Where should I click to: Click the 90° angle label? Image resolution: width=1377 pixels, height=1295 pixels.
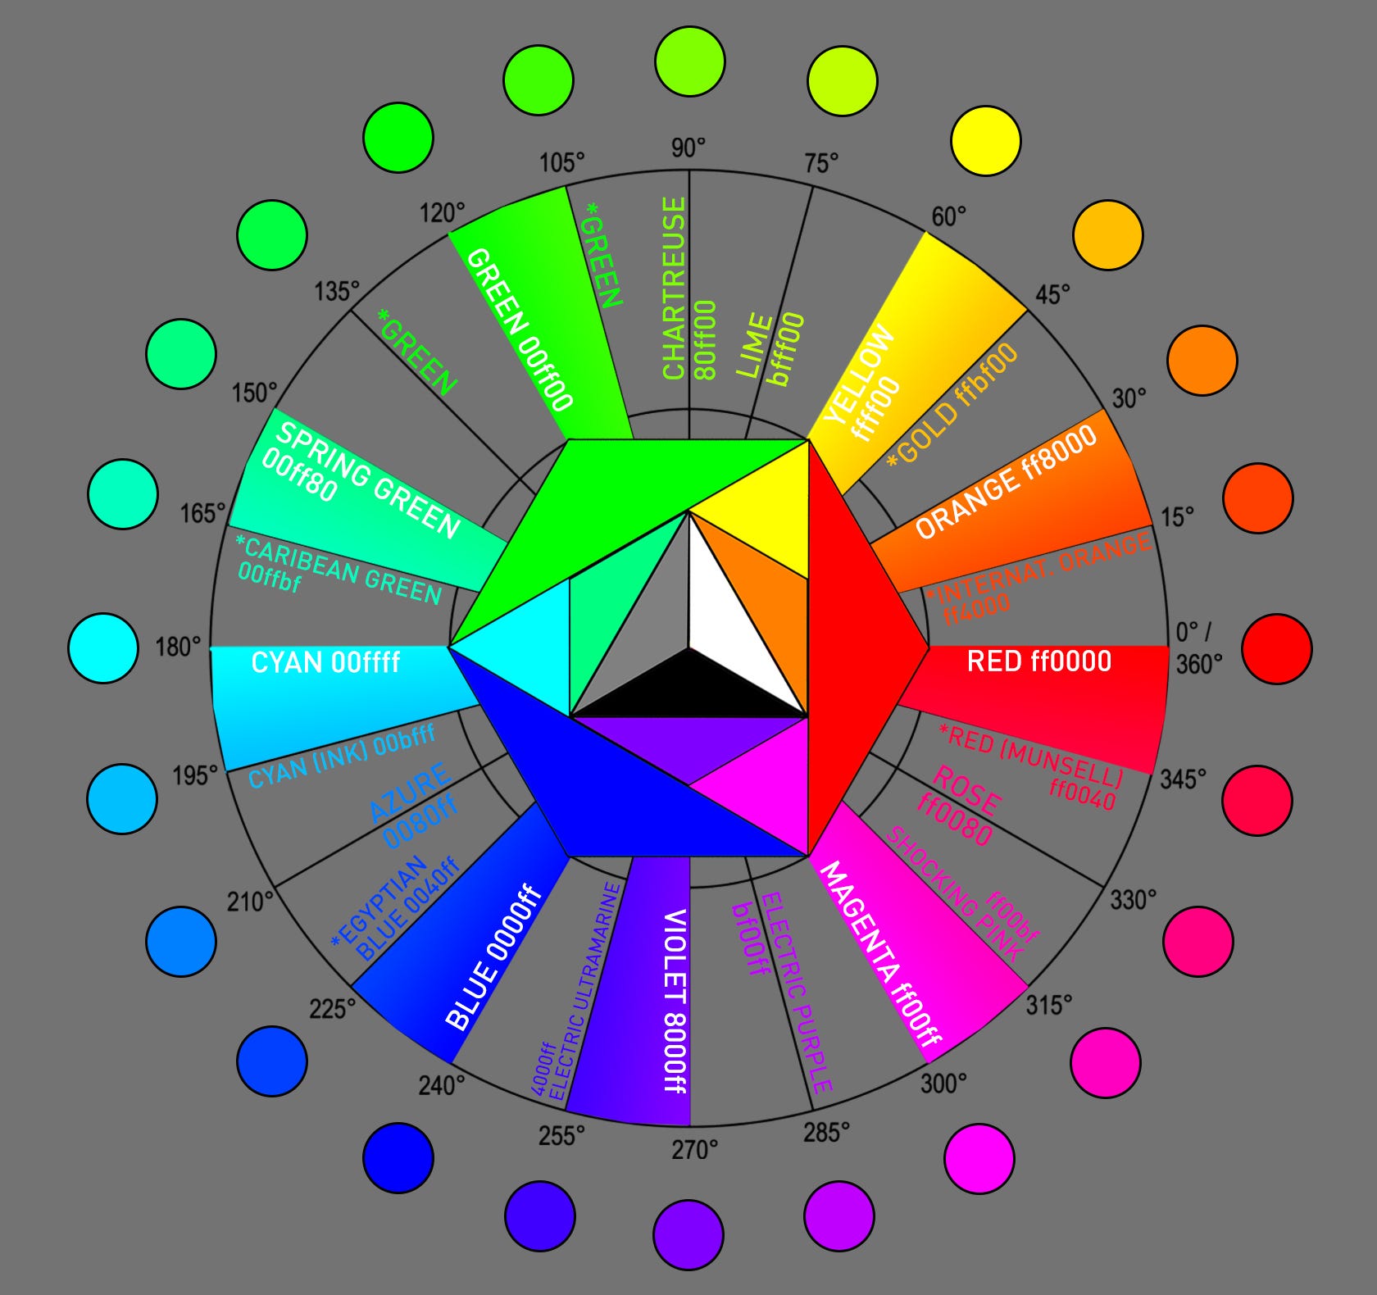[688, 148]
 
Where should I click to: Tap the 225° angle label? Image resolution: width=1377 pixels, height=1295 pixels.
[332, 1008]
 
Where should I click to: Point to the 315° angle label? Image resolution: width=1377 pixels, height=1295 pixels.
[1048, 1005]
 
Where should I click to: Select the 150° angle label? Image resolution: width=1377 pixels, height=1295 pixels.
[254, 393]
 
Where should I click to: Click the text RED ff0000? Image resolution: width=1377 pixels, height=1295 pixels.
[1038, 661]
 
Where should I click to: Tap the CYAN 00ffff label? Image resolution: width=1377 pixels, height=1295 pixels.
[325, 662]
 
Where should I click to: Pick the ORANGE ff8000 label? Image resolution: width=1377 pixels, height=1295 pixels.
[1006, 483]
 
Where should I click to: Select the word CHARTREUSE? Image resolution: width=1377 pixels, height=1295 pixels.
[674, 288]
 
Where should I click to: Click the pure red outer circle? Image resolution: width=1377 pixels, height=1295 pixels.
[1276, 648]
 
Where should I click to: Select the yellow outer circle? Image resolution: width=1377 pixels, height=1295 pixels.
[985, 140]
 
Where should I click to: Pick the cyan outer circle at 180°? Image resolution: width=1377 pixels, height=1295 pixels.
[102, 648]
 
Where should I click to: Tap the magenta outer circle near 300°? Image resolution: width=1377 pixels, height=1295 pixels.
[979, 1158]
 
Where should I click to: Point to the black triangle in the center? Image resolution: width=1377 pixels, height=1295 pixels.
[688, 688]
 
